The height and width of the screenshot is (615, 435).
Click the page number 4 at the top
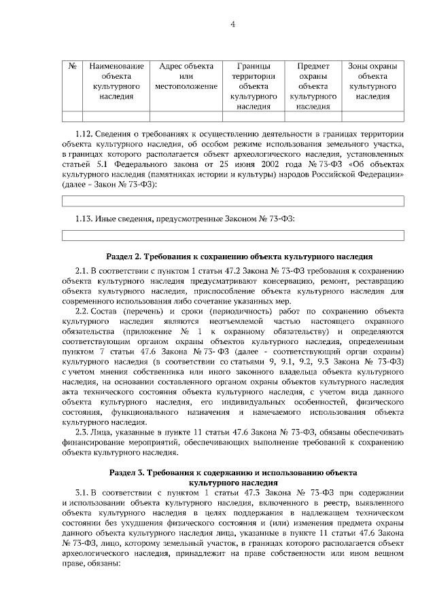[232, 25]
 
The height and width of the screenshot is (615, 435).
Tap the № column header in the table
[72, 67]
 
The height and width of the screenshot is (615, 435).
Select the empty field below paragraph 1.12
[232, 200]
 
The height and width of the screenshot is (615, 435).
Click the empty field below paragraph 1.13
[232, 235]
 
